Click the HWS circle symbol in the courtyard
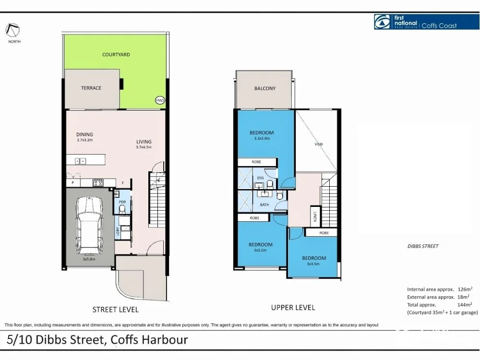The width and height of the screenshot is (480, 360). (x=160, y=100)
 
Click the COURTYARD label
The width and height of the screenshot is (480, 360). (x=116, y=55)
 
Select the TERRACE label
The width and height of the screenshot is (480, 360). (x=91, y=88)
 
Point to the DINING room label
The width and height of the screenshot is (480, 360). (x=84, y=134)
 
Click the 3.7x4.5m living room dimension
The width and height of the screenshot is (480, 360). (x=144, y=147)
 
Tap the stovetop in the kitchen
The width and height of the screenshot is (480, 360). (x=98, y=182)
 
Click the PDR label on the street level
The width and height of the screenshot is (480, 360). (x=122, y=203)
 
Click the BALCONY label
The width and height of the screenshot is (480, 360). (x=264, y=88)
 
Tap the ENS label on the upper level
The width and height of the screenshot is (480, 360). (x=260, y=178)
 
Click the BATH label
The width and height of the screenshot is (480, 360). (x=264, y=205)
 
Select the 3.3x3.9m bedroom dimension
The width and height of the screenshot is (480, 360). (x=262, y=139)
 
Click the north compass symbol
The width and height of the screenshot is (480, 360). (x=12, y=30)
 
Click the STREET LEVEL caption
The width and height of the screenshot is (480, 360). (x=116, y=310)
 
